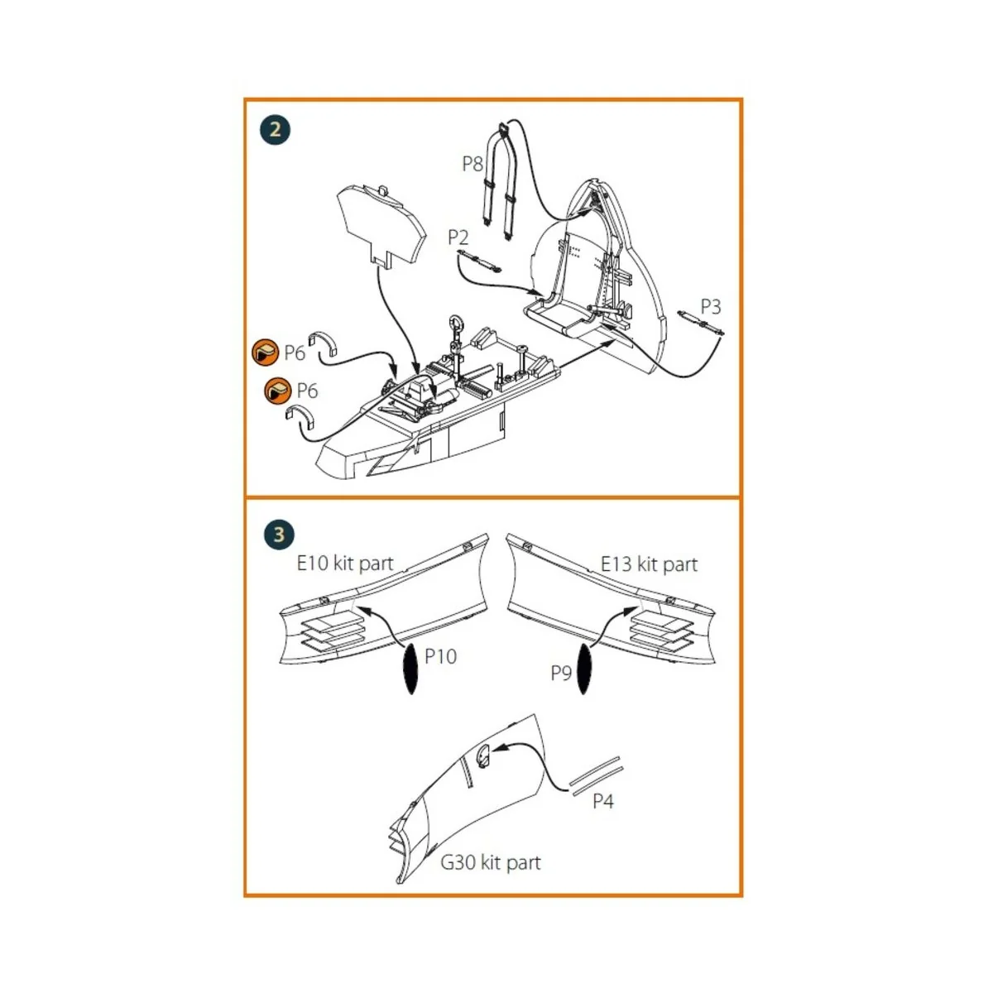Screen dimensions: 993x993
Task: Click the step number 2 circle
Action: pos(276,129)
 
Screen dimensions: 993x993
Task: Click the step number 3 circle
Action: pos(279,534)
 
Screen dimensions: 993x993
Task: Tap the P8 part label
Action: pos(472,164)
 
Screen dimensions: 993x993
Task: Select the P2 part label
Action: pos(458,237)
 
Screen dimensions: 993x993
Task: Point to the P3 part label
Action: pos(711,307)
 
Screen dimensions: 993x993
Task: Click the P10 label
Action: pos(440,656)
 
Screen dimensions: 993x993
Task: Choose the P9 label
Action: pos(561,673)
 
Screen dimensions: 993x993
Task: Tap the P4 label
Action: pos(603,801)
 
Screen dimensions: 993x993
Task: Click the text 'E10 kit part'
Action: pos(345,564)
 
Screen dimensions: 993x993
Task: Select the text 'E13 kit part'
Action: pos(649,564)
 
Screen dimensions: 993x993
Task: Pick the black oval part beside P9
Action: pos(584,669)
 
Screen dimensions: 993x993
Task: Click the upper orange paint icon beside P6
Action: pos(266,353)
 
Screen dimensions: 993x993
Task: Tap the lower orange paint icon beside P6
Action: pos(278,391)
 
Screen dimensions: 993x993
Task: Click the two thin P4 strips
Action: pos(597,775)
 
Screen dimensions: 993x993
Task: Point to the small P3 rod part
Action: pos(701,324)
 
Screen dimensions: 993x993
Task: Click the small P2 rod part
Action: pos(479,261)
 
